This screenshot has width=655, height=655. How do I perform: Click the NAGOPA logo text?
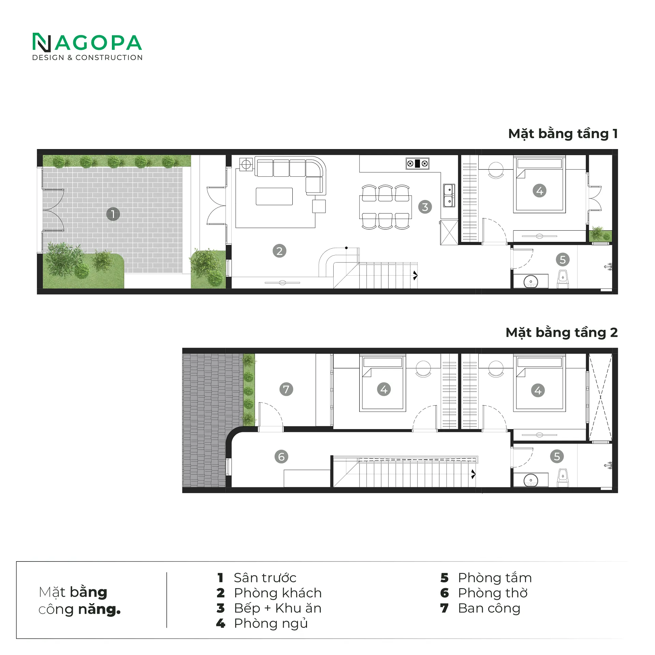tap(87, 43)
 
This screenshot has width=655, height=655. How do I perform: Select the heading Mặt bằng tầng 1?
tap(563, 134)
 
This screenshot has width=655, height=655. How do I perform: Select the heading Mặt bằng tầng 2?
tap(561, 333)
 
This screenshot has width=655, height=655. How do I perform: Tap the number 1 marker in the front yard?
tap(113, 214)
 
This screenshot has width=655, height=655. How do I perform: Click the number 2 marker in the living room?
tap(279, 251)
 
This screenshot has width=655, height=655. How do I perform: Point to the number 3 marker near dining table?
tap(425, 207)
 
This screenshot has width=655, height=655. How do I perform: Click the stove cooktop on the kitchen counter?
tap(417, 164)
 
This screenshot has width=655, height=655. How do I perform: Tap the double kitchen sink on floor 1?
tap(449, 195)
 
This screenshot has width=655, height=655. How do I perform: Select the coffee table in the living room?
tap(274, 196)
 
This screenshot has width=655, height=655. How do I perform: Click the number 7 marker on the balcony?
tap(286, 389)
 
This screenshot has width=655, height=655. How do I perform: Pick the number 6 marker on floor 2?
tap(281, 456)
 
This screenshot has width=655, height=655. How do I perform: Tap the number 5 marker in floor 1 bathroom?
tap(563, 260)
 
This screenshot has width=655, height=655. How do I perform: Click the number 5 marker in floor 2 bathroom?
tap(557, 456)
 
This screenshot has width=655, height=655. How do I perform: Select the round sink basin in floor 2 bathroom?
tap(530, 481)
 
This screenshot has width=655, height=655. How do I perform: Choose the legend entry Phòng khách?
tap(278, 593)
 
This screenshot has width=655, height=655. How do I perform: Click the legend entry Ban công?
tap(489, 608)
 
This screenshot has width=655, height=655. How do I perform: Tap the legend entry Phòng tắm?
tap(495, 578)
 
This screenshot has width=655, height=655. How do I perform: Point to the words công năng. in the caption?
tap(79, 609)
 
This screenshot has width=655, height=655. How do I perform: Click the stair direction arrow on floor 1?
tap(415, 275)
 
